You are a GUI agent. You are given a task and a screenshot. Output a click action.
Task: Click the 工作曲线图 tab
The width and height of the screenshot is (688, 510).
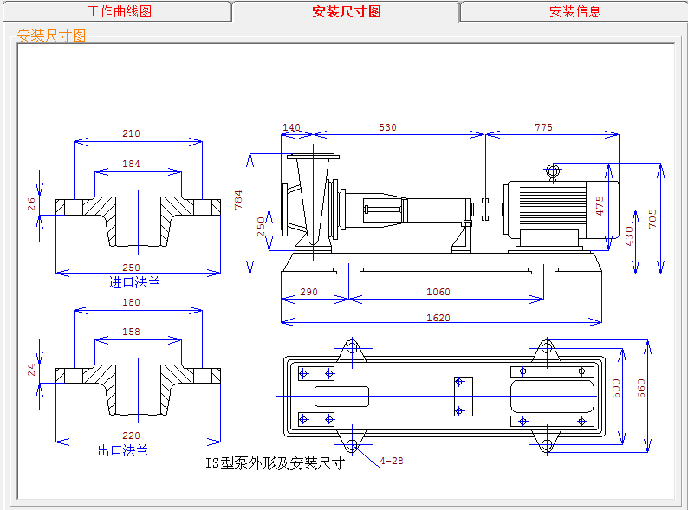pos(120,11)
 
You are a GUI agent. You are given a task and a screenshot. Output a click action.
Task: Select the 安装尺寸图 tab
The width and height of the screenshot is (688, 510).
pos(346,11)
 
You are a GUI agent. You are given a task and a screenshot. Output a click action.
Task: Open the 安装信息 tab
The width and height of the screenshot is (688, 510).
pos(574,11)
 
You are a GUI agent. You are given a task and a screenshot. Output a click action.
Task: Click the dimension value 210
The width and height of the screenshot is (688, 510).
pos(131,133)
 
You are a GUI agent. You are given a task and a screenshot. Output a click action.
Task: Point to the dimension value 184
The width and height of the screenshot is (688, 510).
pos(131,164)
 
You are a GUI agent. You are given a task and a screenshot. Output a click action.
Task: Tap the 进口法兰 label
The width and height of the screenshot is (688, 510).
pos(134,282)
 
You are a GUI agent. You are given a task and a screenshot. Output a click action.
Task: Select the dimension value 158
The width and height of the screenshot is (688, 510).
pos(131,332)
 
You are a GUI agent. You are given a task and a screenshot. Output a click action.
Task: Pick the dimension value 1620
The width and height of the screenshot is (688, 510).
pos(438,318)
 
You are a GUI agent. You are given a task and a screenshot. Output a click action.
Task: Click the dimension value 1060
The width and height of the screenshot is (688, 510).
pos(438,292)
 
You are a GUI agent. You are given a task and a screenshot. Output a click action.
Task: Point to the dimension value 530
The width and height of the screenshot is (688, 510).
pos(387,127)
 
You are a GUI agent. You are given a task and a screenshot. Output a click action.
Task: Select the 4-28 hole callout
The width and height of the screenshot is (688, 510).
pos(392,461)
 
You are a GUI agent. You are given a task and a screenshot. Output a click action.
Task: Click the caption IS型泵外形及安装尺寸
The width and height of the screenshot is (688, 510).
pos(275,463)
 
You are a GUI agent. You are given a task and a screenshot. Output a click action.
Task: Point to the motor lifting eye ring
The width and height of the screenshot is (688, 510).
pos(554,171)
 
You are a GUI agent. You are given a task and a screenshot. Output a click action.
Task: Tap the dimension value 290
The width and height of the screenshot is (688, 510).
pos(309,292)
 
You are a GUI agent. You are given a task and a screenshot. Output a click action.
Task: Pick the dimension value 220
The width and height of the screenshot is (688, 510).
pos(131,436)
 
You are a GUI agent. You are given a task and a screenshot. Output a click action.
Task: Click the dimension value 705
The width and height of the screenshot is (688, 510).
pos(654,216)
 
